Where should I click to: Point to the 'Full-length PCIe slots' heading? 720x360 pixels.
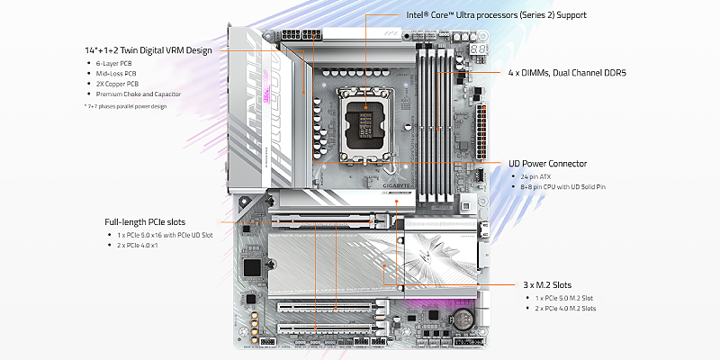[147, 221]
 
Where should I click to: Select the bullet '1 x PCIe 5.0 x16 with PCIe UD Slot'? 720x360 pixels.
[165, 236]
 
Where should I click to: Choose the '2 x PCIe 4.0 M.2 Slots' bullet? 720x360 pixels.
[564, 309]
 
